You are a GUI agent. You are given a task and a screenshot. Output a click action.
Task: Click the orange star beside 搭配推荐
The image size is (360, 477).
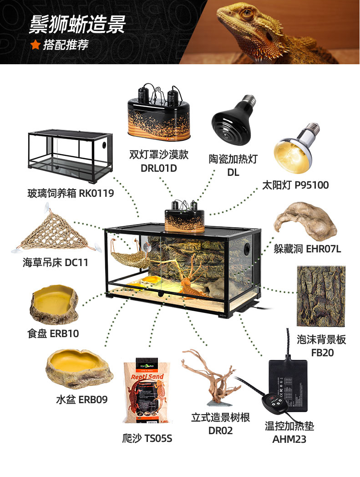coord(35,44)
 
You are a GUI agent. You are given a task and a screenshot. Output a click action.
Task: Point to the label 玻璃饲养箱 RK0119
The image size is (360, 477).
coord(71,193)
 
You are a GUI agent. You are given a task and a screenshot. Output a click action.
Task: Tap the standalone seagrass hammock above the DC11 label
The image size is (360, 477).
coord(56,232)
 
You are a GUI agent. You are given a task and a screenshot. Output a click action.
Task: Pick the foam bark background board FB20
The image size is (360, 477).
coord(321,296)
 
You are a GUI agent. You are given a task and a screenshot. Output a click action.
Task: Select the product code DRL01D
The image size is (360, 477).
coord(158,168)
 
